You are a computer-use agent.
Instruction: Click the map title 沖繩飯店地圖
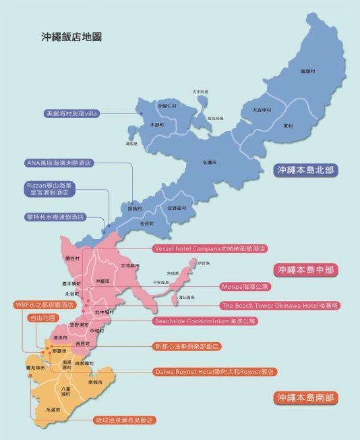71,37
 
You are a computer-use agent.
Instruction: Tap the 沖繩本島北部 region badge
307,170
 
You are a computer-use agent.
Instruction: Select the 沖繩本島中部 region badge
307,269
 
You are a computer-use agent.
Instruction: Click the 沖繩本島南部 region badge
307,397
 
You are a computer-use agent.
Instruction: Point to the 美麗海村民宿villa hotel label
71,113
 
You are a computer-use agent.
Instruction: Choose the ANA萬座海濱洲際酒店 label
58,163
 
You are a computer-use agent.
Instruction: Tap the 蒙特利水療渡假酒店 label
55,217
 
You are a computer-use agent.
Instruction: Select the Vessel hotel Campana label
210,248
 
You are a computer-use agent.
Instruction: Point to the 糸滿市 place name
52,410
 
